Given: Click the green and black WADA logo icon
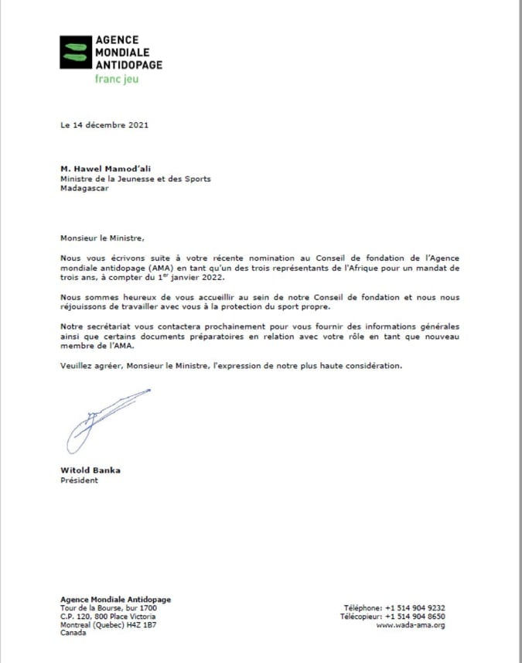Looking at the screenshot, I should pos(75,52).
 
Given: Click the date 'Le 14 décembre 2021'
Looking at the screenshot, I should pos(104,125).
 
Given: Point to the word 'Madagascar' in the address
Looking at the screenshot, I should pos(84,187).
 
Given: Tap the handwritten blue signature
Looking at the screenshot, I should pos(105,422).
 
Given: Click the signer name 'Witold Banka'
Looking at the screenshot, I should pos(90,470).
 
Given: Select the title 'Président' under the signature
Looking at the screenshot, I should pos(80,480).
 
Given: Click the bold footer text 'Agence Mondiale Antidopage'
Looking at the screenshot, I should pos(116,600).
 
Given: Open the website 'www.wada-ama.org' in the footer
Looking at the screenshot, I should pos(411,625).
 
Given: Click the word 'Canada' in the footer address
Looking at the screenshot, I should pos(73,633).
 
